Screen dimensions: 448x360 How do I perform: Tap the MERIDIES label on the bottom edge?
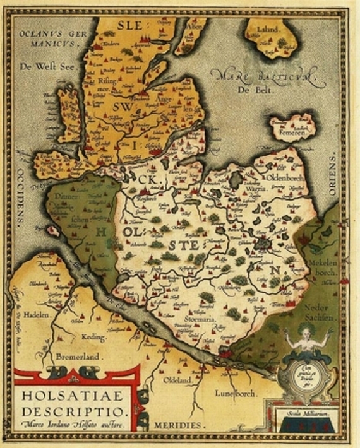tap(176, 425)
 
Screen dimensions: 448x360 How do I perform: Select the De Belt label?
tap(251, 91)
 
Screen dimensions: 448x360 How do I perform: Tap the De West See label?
tap(41, 66)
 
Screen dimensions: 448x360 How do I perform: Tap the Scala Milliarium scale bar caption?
tap(306, 414)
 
